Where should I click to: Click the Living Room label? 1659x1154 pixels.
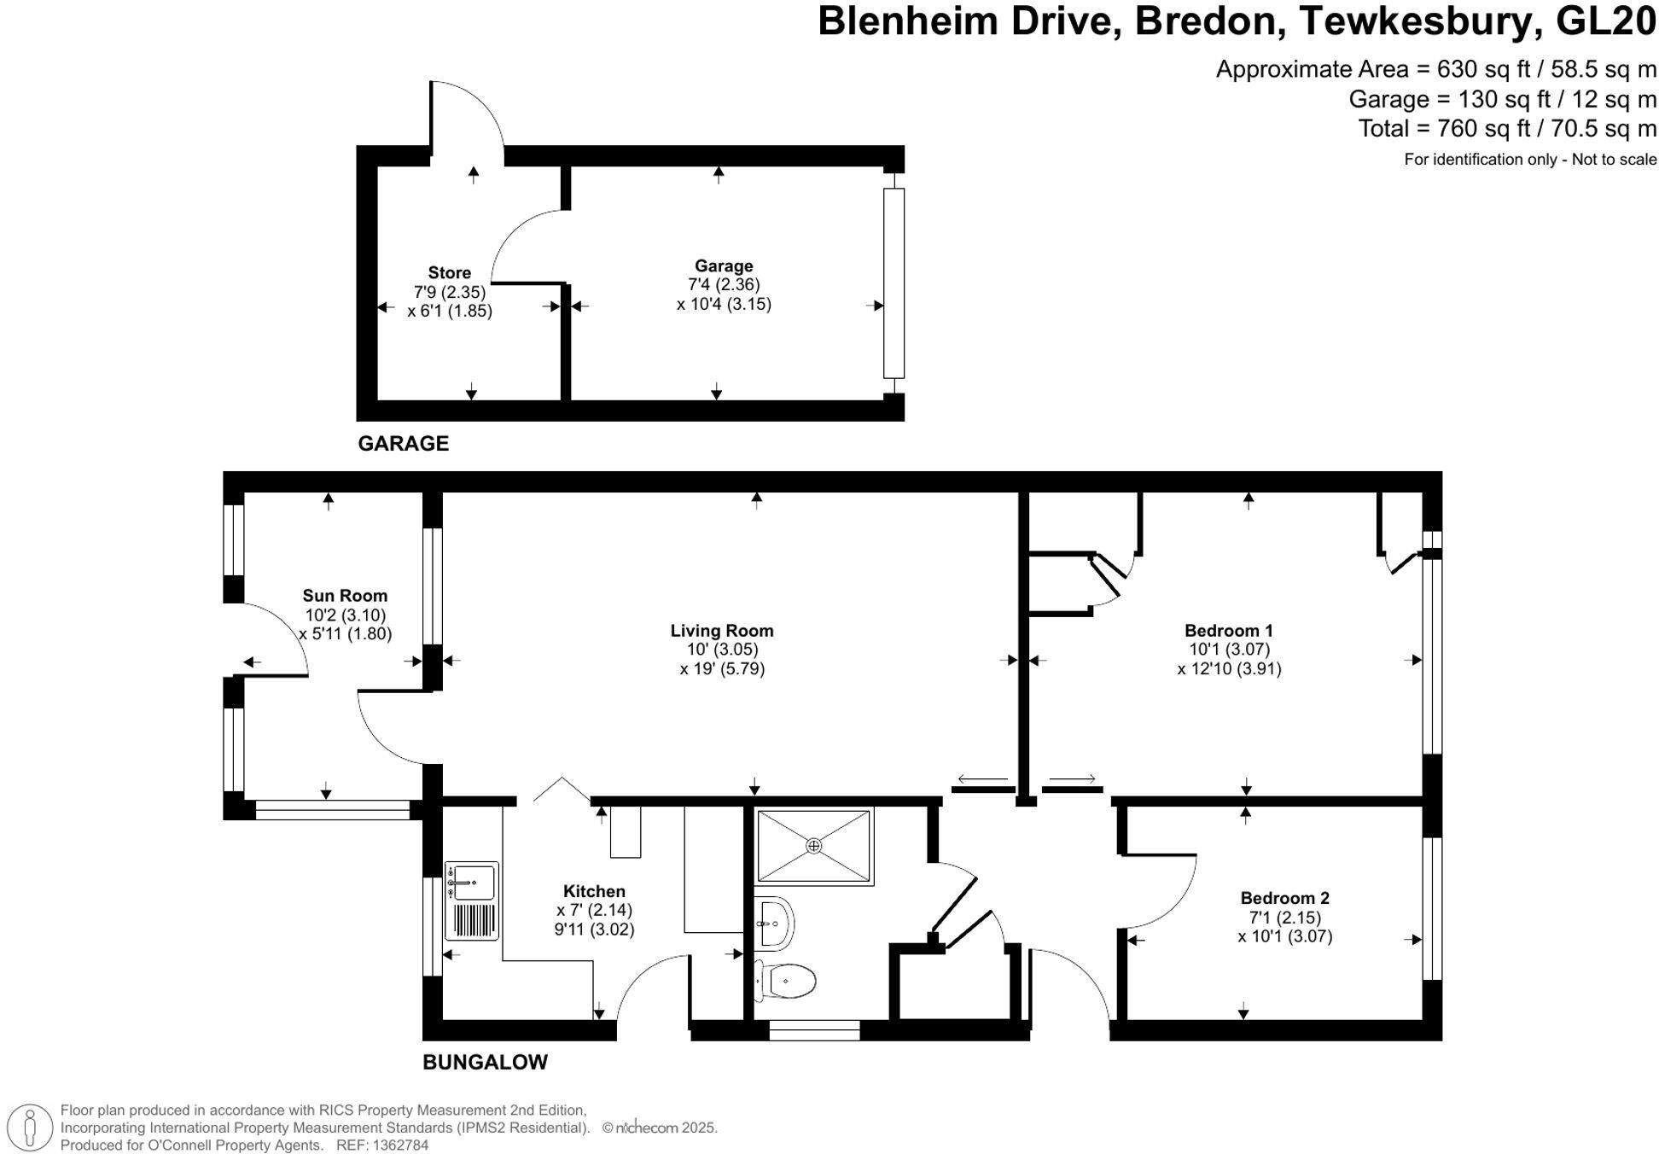coord(721,631)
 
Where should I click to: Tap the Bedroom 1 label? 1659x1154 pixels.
coord(1228,631)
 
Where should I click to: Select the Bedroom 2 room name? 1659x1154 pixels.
coord(1284,898)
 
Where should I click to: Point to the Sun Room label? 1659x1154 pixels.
coord(345,596)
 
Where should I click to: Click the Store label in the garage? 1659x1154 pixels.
coord(449,273)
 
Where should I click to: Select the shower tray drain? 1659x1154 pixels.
coord(814,846)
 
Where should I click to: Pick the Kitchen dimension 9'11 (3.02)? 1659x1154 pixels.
coord(594,930)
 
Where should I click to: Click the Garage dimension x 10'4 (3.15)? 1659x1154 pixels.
coord(724,304)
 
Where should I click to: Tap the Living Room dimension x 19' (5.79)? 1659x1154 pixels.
coord(722,668)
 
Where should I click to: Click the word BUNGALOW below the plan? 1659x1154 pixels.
coord(485,1062)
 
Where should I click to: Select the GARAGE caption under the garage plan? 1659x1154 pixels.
coord(403,443)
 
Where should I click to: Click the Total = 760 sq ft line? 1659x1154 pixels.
coord(1506,129)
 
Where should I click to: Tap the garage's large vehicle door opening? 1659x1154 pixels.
coord(893,283)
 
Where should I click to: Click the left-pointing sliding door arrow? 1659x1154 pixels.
coord(983,778)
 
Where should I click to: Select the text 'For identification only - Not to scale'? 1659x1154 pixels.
coord(1529,160)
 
